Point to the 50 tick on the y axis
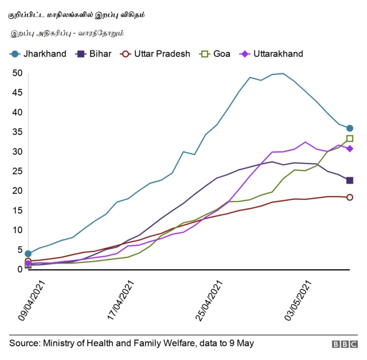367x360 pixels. (17, 73)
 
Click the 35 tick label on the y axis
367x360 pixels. (17, 132)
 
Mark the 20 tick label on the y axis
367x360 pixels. (17, 191)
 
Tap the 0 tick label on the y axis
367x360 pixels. (19, 269)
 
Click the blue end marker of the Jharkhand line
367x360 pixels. (350, 128)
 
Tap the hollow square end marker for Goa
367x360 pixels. (350, 138)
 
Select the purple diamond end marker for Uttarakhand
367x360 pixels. (350, 149)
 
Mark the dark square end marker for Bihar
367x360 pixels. (350, 180)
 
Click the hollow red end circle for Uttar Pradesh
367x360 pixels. (350, 198)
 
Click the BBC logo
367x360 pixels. (344, 344)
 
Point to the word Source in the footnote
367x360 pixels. (24, 343)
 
